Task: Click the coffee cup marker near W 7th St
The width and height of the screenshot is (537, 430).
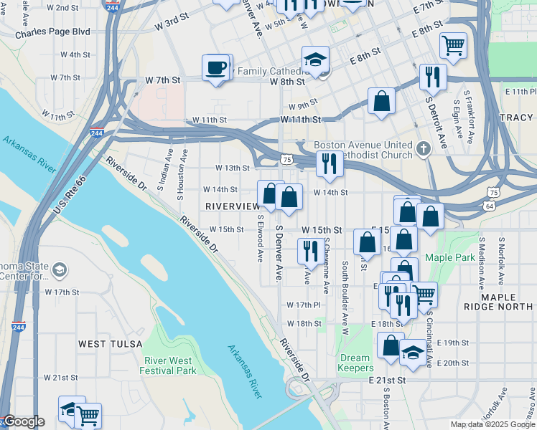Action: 218,68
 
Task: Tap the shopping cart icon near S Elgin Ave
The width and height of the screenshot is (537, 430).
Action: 453,46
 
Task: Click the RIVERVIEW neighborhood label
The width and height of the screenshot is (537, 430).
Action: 233,206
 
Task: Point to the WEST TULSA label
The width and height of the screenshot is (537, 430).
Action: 103,344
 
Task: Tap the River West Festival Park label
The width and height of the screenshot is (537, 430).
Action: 170,365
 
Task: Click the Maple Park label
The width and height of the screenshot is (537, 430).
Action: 450,257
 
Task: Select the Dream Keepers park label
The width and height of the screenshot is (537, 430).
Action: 355,363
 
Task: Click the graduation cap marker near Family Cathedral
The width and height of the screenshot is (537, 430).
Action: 315,60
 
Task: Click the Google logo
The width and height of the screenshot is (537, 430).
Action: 24,422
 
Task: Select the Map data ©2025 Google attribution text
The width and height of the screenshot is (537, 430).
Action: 492,424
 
